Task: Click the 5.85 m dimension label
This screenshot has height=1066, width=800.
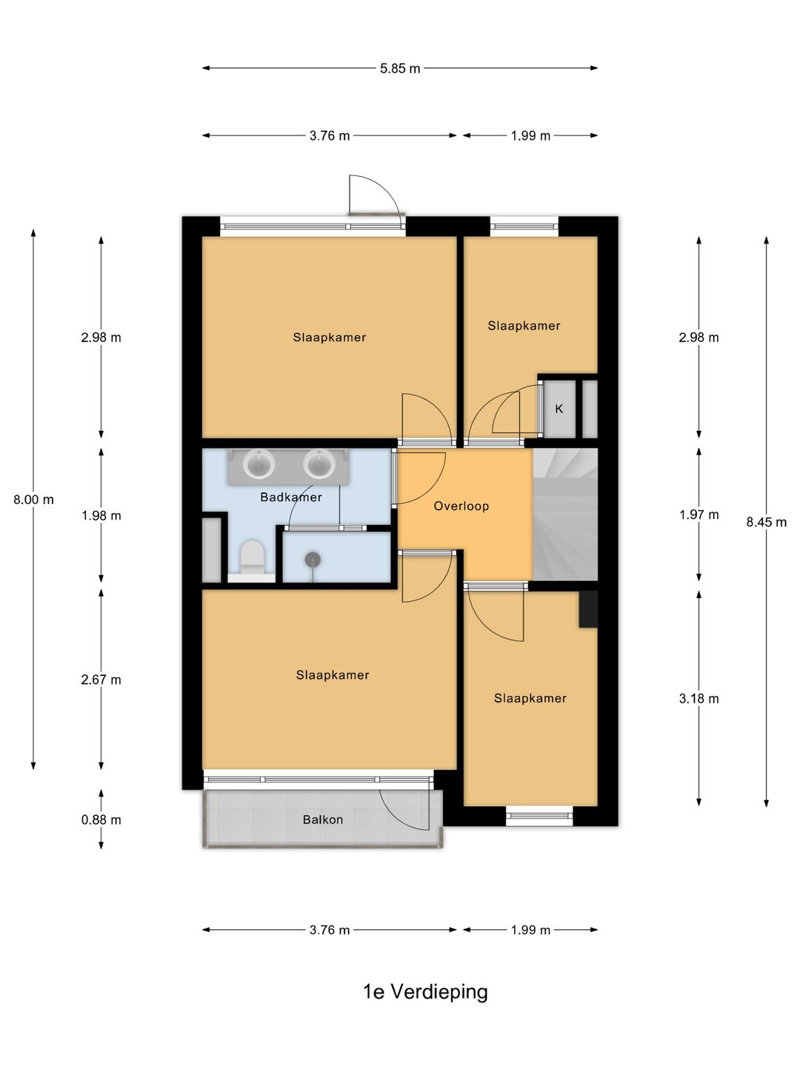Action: (x=399, y=69)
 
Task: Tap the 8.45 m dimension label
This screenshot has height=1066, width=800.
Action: (x=766, y=522)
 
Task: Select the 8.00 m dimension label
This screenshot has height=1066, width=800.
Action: (x=33, y=499)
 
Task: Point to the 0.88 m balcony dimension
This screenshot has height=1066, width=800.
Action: (x=101, y=819)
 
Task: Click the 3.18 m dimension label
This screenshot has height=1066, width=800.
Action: (x=699, y=698)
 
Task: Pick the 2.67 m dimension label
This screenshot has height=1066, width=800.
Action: (x=101, y=680)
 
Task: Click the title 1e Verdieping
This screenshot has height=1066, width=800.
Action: (x=425, y=992)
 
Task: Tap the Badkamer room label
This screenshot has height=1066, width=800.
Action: (x=291, y=497)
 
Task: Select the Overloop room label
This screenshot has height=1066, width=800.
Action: (x=461, y=506)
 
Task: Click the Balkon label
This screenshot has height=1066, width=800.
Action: (x=322, y=819)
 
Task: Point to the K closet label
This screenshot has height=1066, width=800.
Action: (x=559, y=409)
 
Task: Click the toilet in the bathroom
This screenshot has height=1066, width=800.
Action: (x=252, y=557)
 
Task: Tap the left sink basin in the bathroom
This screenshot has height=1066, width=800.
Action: (x=259, y=464)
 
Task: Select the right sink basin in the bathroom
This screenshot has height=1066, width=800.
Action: (x=319, y=464)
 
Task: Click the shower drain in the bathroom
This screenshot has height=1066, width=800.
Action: (x=313, y=560)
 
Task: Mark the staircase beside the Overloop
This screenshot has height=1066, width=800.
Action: (x=565, y=514)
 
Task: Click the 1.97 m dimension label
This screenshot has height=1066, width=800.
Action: (x=699, y=514)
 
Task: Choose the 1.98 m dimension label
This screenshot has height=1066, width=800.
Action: (x=101, y=515)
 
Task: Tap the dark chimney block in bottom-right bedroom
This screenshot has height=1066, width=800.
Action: (x=587, y=609)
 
